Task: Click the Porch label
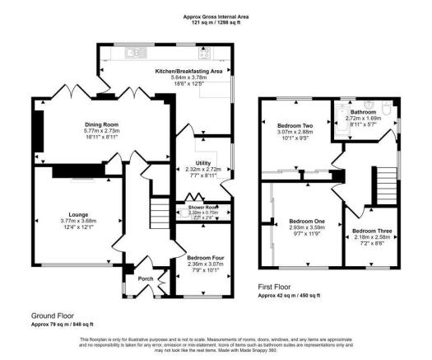145,278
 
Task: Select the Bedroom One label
306,221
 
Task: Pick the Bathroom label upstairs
363,111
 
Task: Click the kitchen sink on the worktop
133,54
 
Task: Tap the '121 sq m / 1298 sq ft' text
216,23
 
